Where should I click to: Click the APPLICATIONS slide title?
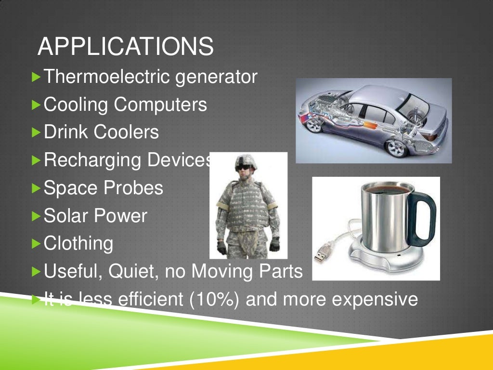point(125,47)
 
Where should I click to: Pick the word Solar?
point(65,215)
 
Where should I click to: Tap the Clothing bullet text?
point(78,243)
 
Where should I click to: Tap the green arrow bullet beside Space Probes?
point(37,188)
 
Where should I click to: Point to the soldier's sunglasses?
point(245,167)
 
